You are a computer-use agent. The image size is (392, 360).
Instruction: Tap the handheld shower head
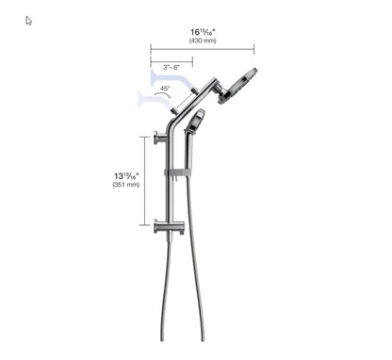click(196, 121)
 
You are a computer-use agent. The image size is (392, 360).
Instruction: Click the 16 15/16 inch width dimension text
click(203, 31)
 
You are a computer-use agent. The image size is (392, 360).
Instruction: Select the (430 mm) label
click(203, 41)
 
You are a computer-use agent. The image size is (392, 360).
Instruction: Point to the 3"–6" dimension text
click(171, 68)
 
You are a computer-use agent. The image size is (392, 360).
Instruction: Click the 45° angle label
click(164, 89)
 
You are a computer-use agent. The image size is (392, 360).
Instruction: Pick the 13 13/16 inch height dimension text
click(125, 174)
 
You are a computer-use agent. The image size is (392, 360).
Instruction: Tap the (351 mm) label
click(125, 185)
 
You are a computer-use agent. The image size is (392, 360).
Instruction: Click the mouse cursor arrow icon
click(28, 21)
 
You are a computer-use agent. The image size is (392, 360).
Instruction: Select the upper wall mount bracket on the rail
click(161, 138)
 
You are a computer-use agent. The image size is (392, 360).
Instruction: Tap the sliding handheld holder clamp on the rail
click(177, 172)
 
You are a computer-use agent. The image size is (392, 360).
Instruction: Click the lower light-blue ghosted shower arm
click(150, 97)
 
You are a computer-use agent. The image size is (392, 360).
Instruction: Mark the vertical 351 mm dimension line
click(144, 180)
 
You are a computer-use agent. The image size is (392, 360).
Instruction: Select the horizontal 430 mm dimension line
click(202, 49)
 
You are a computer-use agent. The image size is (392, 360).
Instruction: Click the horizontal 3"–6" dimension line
click(171, 61)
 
